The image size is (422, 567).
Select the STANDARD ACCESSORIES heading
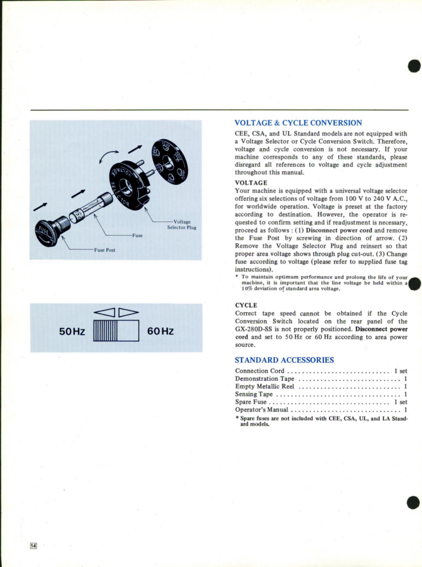pos(284,360)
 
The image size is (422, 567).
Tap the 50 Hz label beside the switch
pos(72,331)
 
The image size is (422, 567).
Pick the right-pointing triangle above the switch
pos(129,312)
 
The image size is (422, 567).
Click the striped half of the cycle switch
pos(105,330)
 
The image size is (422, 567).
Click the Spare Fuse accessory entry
pos(251,402)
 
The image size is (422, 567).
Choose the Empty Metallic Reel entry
pos(265,387)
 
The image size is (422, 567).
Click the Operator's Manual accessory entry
pos(262,410)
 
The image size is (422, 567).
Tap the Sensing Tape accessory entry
pos(254,394)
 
